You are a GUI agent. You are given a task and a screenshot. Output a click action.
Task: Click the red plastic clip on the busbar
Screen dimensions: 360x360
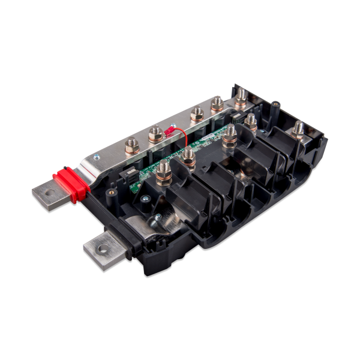71,184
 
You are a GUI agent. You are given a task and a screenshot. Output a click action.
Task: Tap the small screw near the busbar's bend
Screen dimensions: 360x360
95,157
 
